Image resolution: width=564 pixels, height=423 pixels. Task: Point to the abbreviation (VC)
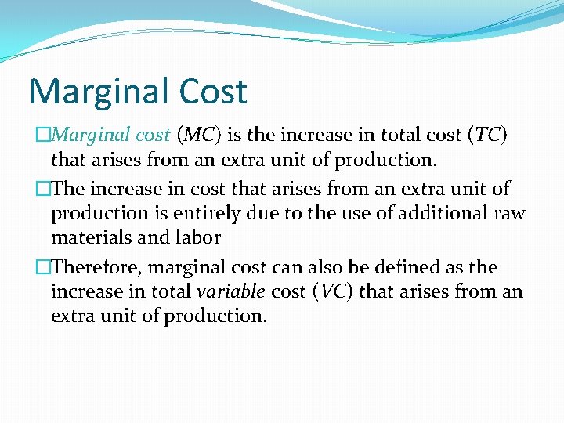[x=333, y=292]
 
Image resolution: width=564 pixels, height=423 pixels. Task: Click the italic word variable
[x=230, y=292]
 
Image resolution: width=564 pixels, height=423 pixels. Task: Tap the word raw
[x=510, y=213]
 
